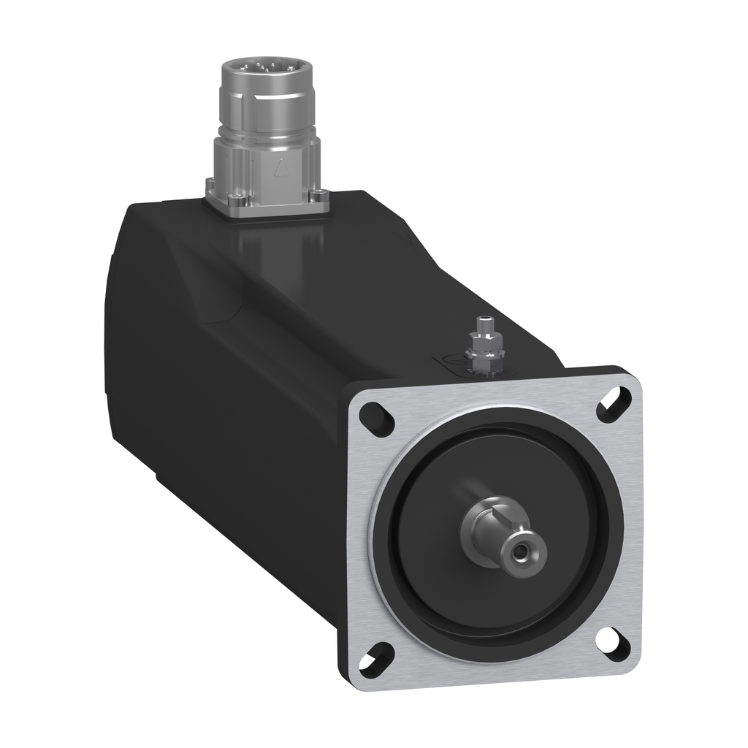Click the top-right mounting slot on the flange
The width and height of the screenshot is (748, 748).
614,405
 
